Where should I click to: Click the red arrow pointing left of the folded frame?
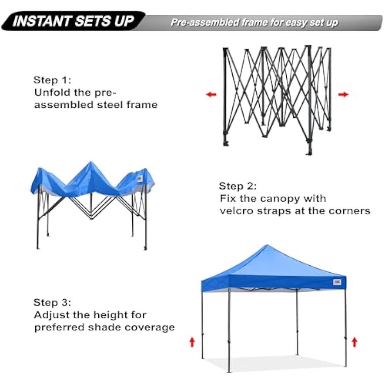pos(211,94)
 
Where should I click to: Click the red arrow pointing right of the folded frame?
pos(343,94)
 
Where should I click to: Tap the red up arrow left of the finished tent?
pos(192,341)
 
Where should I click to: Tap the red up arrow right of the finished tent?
pos(355,341)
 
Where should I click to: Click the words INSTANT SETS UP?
pos(73,21)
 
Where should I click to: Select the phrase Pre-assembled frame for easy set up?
pos(254,23)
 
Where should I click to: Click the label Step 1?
pos(52,80)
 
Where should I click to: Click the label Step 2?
pos(238,186)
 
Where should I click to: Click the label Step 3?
pos(52,302)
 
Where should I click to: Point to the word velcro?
pos(236,211)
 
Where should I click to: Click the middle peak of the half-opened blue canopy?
pos(91,163)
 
